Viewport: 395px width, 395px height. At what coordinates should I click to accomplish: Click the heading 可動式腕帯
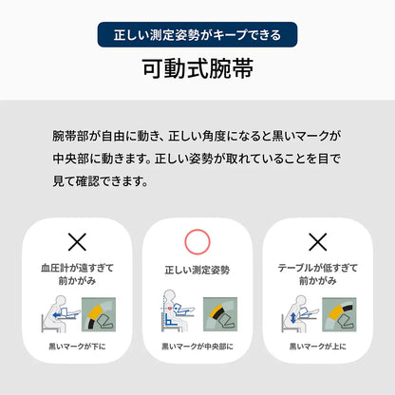click(197, 68)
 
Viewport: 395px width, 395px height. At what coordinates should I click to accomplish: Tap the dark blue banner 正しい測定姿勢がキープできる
click(197, 34)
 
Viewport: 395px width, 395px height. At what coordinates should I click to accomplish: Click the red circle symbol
click(197, 241)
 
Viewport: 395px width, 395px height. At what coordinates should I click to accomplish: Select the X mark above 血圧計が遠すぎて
click(77, 242)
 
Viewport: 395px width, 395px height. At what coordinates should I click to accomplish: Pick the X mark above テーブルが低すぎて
click(318, 242)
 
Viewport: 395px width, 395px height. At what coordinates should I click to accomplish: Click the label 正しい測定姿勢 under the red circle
click(197, 270)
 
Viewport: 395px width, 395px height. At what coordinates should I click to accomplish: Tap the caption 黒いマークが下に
click(77, 347)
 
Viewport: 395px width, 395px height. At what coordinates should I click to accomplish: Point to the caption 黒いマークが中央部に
click(197, 347)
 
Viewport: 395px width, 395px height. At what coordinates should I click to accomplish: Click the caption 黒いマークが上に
click(318, 347)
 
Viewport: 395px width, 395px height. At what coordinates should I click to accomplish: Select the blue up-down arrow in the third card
click(292, 317)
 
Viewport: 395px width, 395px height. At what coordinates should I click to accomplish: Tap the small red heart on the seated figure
click(170, 307)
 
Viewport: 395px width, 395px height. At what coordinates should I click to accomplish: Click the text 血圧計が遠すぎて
click(77, 268)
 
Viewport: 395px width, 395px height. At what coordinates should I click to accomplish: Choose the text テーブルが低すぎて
click(318, 268)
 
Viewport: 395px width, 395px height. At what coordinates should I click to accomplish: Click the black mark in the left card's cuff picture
click(92, 324)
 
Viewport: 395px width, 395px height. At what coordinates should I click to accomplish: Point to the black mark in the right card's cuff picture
click(347, 308)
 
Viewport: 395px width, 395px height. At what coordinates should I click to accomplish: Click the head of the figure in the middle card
click(170, 295)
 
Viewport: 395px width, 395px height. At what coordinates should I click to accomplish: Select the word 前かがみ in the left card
click(77, 281)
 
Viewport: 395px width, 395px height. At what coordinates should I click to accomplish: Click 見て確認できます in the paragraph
click(100, 181)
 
